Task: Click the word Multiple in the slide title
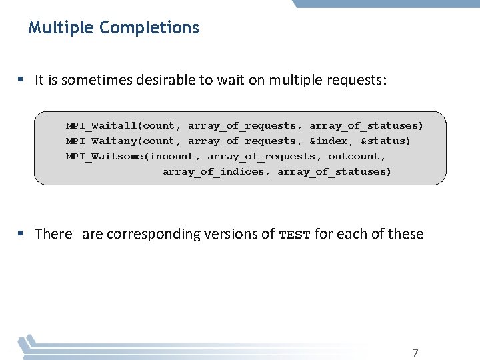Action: [x=61, y=28]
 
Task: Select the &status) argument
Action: [x=386, y=141]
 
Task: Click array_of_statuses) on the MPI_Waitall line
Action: [x=366, y=125]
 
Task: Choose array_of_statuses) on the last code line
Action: [x=335, y=171]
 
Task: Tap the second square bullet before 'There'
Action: [x=21, y=234]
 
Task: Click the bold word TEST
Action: [x=295, y=235]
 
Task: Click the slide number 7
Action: [x=415, y=353]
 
